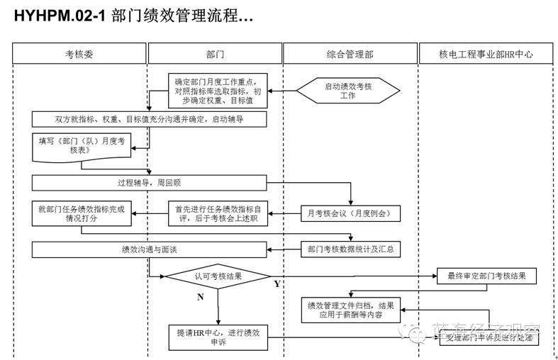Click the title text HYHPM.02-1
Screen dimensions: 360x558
(x=60, y=16)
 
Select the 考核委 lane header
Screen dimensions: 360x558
(x=79, y=54)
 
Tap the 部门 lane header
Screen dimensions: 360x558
(x=214, y=54)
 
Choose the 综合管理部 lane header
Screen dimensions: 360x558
(x=350, y=54)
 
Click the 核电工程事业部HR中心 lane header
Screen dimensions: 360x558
(x=486, y=54)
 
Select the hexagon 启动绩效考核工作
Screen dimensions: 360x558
(x=347, y=91)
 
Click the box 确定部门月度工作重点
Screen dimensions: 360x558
(x=218, y=91)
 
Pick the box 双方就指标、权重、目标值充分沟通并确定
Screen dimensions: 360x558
(x=149, y=118)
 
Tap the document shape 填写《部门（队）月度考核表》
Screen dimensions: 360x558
(x=82, y=146)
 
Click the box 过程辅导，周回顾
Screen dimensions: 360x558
(x=149, y=182)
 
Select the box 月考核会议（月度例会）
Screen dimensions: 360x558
(x=350, y=213)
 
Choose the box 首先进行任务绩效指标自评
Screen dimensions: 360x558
(x=218, y=213)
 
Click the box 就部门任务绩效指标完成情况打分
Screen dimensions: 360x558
(x=82, y=213)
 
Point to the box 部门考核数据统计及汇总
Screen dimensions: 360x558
(x=350, y=249)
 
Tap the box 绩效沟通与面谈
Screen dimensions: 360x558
(x=149, y=249)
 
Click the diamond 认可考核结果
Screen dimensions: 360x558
(x=218, y=276)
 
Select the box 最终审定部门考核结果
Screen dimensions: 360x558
(x=486, y=275)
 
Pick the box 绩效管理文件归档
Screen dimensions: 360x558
(x=350, y=310)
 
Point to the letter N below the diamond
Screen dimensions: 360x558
(x=200, y=297)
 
